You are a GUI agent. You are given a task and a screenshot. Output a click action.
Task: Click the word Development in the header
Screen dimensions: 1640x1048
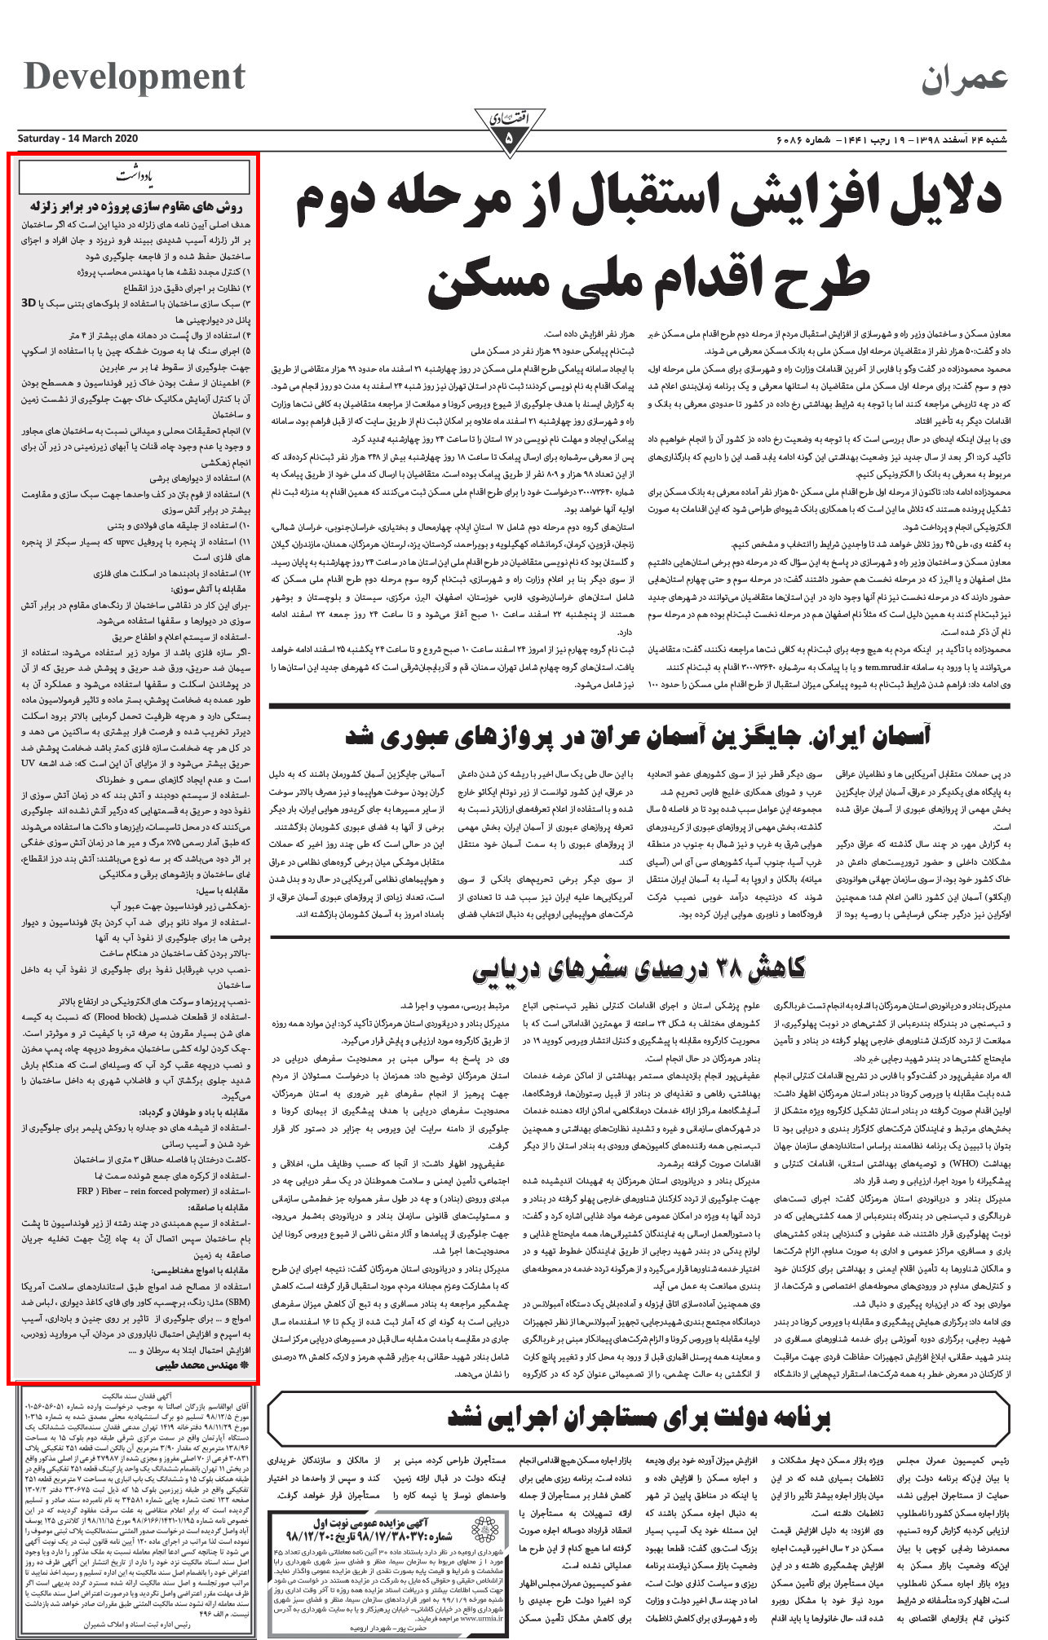[135, 77]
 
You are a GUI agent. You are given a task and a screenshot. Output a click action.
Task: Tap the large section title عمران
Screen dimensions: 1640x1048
[965, 78]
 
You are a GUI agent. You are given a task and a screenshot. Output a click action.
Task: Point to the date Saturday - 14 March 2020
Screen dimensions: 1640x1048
[78, 138]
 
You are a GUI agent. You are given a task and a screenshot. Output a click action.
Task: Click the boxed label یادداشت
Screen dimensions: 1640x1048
[134, 176]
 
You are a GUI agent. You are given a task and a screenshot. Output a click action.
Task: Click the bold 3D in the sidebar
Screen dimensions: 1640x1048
[28, 302]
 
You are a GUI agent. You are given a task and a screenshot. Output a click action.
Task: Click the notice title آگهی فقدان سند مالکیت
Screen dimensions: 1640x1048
[135, 1396]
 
